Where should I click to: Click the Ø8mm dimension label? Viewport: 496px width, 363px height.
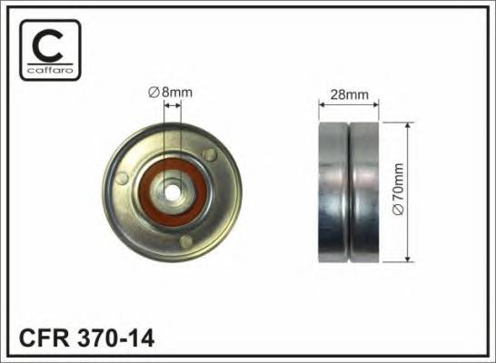click(x=170, y=91)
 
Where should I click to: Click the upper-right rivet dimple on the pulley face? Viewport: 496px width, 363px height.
click(x=211, y=155)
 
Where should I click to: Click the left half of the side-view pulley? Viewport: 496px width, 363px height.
click(x=333, y=191)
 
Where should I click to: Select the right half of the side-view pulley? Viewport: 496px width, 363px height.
click(x=365, y=191)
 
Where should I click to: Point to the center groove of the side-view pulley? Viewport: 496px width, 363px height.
click(x=350, y=191)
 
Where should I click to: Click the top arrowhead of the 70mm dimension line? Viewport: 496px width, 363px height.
click(x=406, y=125)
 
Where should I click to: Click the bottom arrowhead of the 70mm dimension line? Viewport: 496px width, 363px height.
click(x=406, y=259)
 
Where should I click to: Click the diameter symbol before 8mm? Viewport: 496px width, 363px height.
click(x=154, y=91)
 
